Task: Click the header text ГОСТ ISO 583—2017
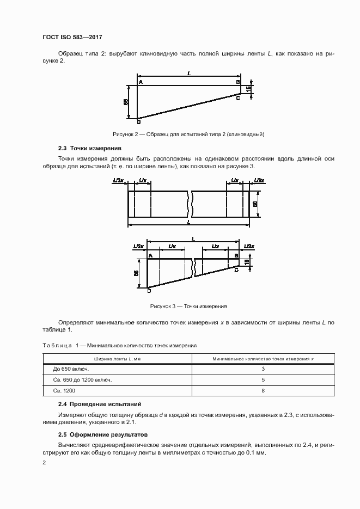72,37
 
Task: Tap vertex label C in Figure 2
238,97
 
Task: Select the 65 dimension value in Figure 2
126,102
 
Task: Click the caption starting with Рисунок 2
188,133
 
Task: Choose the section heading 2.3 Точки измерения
90,148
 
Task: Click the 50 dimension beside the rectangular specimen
254,204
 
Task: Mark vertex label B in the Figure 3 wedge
236,255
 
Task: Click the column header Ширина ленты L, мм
118,359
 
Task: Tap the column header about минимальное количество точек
263,359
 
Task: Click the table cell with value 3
263,369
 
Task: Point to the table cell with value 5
263,380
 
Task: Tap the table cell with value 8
263,391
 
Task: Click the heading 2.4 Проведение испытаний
100,404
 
